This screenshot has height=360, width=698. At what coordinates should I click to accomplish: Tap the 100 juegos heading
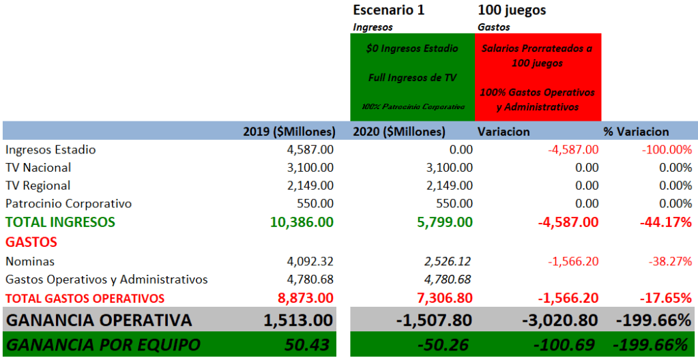pyautogui.click(x=512, y=10)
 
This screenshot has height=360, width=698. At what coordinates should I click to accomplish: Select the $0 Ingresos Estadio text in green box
pyautogui.click(x=411, y=49)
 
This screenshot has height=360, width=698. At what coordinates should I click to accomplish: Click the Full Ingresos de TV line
pyautogui.click(x=411, y=78)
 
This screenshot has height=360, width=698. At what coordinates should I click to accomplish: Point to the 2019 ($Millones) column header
pyautogui.click(x=289, y=132)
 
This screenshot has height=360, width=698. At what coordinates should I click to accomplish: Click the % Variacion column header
pyautogui.click(x=636, y=132)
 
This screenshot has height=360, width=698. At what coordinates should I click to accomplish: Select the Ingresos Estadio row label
pyautogui.click(x=50, y=150)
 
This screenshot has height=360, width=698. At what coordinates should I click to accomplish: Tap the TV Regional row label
pyautogui.click(x=38, y=185)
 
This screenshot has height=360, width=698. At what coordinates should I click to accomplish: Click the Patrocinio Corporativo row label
pyautogui.click(x=68, y=203)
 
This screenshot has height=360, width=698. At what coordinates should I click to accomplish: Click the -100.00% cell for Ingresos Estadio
pyautogui.click(x=667, y=150)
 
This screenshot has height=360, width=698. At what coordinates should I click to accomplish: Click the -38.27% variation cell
pyautogui.click(x=669, y=261)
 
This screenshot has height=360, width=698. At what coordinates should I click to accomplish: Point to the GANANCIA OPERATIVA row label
pyautogui.click(x=99, y=320)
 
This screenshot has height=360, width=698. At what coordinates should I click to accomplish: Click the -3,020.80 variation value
pyautogui.click(x=557, y=320)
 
